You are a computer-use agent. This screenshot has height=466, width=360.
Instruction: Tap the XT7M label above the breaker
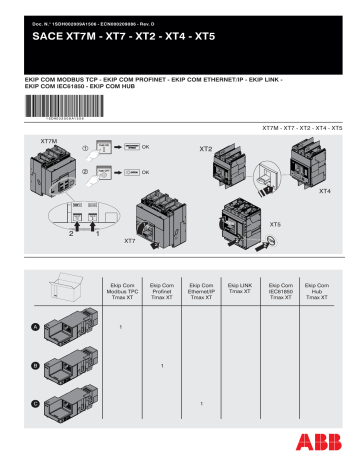pyautogui.click(x=49, y=142)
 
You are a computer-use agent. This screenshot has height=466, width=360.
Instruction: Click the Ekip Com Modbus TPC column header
pyautogui.click(x=120, y=291)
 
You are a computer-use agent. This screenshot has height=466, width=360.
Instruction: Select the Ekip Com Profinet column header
pyautogui.click(x=161, y=291)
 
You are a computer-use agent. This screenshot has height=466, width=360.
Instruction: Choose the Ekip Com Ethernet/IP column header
pyautogui.click(x=201, y=291)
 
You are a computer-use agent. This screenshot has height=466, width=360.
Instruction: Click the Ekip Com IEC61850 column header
pyautogui.click(x=281, y=291)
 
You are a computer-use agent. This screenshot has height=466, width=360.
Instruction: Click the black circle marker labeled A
pyautogui.click(x=35, y=327)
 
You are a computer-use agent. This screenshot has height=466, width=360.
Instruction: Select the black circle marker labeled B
pyautogui.click(x=35, y=365)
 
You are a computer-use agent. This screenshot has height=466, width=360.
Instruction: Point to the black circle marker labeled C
pyautogui.click(x=35, y=403)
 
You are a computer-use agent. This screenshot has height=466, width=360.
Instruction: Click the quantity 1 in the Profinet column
pyautogui.click(x=161, y=366)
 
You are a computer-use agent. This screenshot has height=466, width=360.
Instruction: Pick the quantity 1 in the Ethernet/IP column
pyautogui.click(x=201, y=403)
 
